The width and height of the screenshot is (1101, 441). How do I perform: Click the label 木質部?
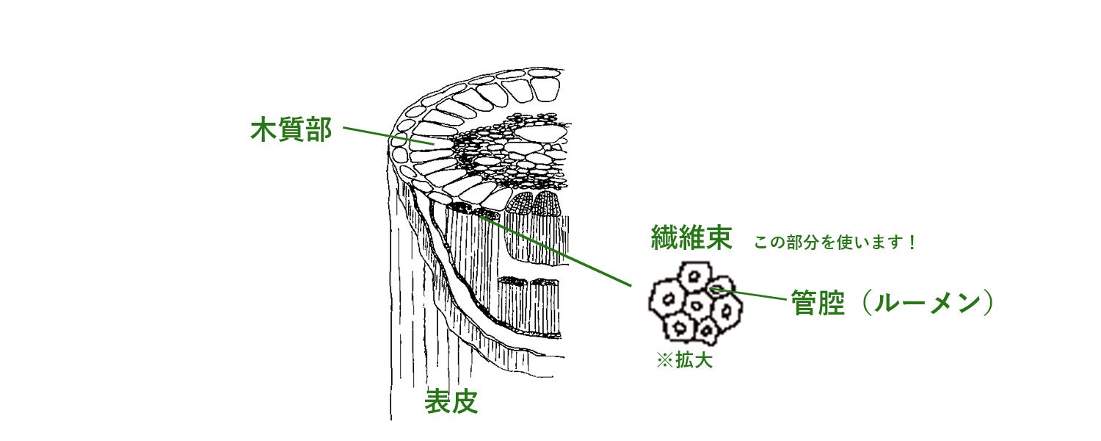[x=291, y=131]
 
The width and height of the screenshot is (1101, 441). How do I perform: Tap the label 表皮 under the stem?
[x=451, y=401]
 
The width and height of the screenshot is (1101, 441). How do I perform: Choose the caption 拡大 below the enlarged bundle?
[x=694, y=362]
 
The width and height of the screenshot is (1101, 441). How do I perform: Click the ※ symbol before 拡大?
[x=665, y=362]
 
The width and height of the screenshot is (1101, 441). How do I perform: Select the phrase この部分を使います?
[x=829, y=243]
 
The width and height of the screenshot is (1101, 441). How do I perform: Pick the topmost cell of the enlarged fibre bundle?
[x=691, y=277]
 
